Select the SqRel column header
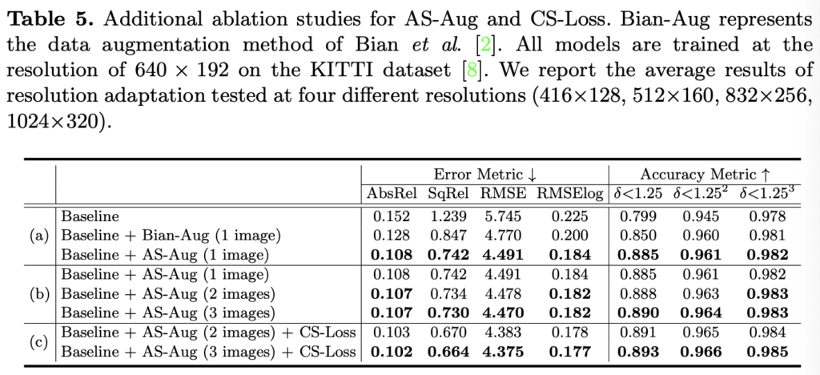pos(444,194)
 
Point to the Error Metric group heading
pos(484,174)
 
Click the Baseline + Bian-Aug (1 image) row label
pos(170,236)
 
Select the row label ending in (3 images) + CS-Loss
pos(208,351)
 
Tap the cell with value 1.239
pos(444,216)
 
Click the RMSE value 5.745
pos(501,216)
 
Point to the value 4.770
pos(501,236)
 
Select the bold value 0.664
pos(444,351)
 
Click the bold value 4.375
pos(501,351)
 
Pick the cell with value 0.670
pos(444,331)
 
